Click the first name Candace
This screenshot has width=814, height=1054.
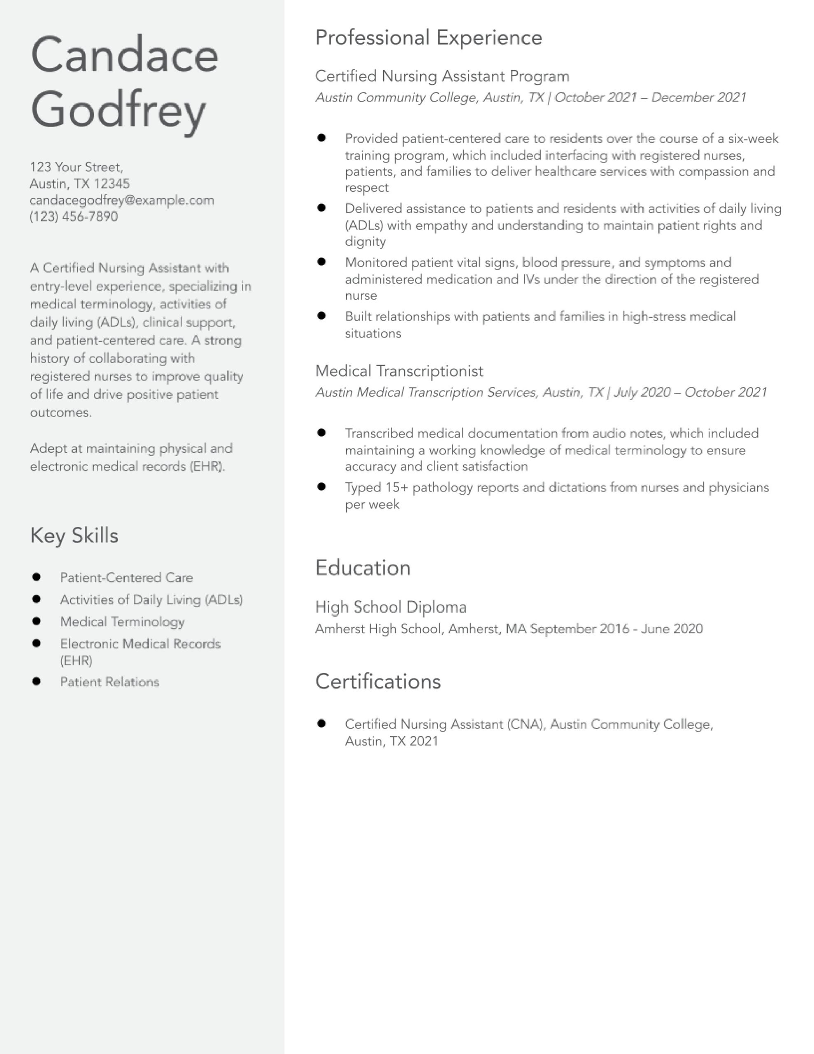(124, 56)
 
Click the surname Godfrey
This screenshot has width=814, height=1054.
(118, 110)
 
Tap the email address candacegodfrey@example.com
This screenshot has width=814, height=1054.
(121, 200)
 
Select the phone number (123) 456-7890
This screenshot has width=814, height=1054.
(73, 216)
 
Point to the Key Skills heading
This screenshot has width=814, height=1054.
(74, 536)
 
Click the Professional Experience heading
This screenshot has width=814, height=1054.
(428, 37)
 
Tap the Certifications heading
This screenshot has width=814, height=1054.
(378, 681)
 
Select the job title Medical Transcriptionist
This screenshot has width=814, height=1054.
(399, 371)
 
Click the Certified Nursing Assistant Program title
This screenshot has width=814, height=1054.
(442, 76)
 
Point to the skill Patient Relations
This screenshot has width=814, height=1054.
(109, 682)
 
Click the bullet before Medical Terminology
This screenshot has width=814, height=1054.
(36, 621)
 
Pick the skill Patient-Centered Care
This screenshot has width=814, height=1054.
(126, 578)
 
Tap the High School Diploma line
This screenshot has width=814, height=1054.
(391, 607)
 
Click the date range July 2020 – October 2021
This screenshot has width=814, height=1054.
(690, 392)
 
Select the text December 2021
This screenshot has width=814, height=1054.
(699, 98)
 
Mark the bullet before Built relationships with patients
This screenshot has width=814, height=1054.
(322, 316)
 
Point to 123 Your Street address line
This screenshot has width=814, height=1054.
(76, 168)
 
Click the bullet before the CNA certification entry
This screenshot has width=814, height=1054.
(322, 723)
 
